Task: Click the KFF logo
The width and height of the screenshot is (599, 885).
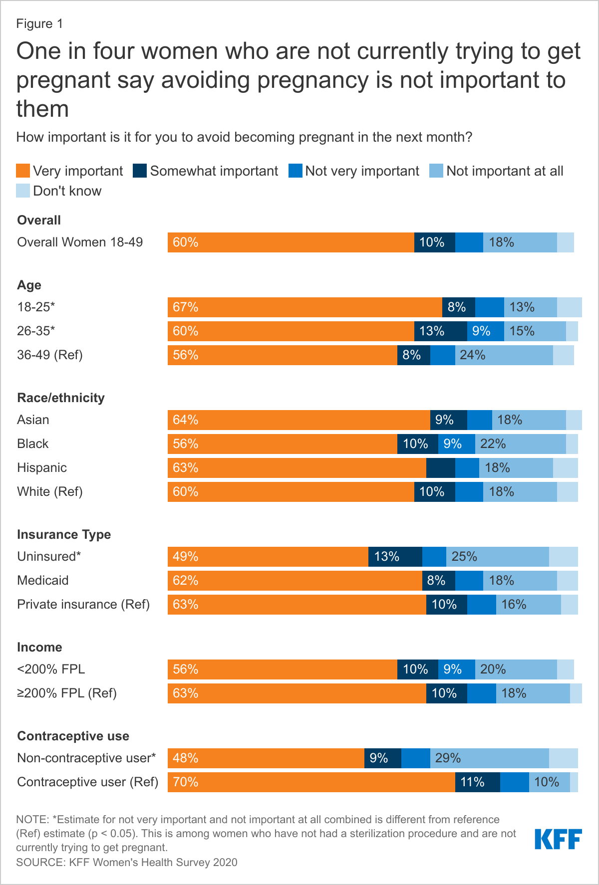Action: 558,839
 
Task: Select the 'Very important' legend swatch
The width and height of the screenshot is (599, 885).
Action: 23,171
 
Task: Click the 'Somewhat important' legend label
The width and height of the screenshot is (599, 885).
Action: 214,171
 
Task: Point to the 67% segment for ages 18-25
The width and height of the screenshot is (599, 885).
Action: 304,307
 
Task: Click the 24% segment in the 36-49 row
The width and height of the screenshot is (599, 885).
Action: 504,355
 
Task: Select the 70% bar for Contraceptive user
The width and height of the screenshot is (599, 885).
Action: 311,782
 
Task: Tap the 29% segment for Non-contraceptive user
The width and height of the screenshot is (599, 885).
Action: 489,758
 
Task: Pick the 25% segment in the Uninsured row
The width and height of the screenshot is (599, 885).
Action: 497,557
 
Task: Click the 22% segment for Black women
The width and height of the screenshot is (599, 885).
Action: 520,444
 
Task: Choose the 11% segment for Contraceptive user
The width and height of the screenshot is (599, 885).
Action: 477,782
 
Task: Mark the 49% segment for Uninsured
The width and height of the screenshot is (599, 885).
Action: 268,557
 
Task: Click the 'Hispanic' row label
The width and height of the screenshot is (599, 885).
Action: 42,468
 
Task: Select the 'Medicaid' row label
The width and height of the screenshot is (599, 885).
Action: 43,581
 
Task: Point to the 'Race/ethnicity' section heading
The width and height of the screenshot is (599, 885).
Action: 61,398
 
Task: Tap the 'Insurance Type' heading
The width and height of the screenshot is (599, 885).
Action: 64,534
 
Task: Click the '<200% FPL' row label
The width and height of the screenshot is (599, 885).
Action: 51,669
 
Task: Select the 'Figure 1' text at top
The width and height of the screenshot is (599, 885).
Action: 39,24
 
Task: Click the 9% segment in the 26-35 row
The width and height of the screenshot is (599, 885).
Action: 485,331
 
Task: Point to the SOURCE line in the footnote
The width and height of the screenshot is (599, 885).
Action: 127,863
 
